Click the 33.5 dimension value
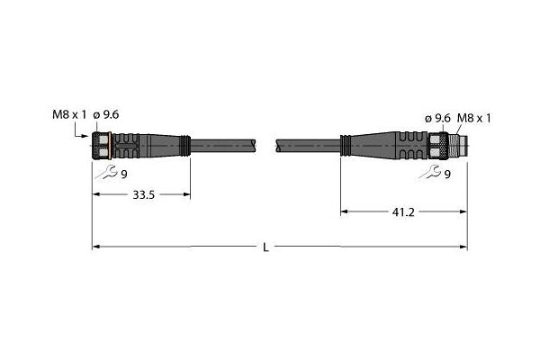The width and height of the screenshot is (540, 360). point(144,195)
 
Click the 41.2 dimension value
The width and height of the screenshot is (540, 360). point(403,212)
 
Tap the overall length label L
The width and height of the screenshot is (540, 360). point(265,247)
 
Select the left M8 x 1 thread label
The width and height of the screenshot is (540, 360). point(69,114)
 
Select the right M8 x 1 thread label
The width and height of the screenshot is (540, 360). point(474,119)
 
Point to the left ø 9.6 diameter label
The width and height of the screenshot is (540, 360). point(106,114)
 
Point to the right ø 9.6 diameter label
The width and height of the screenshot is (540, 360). point(437,119)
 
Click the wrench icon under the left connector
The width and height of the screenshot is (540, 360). point(106,172)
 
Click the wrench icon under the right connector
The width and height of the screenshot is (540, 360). point(429,172)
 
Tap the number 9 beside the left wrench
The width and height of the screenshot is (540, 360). point(124,175)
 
